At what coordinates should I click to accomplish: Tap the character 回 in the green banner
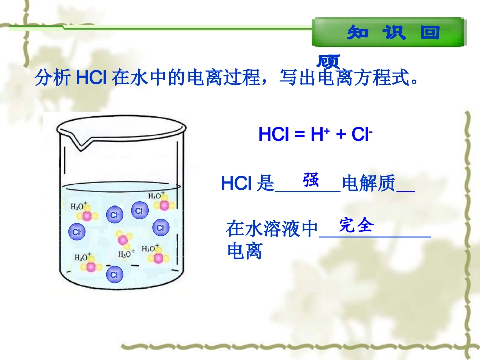[430, 33]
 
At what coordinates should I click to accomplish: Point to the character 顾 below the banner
[328, 62]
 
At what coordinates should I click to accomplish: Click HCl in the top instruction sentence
[90, 78]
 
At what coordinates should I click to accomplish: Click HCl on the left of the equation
[272, 135]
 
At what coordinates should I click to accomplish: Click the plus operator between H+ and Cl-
[341, 135]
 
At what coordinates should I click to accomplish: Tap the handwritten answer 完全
[356, 225]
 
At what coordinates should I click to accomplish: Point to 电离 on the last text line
[245, 251]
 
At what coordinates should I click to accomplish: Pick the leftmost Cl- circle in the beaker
[77, 232]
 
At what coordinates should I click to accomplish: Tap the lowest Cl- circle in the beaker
[115, 275]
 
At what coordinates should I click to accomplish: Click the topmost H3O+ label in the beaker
[156, 195]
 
